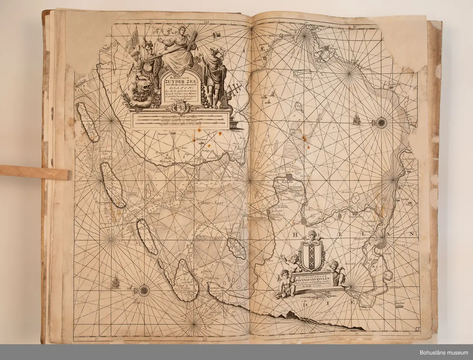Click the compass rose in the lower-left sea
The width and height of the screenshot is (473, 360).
coord(144,291)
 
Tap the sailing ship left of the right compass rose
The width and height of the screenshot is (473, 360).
coord(357,119)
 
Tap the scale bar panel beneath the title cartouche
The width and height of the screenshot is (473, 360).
coord(181,119)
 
